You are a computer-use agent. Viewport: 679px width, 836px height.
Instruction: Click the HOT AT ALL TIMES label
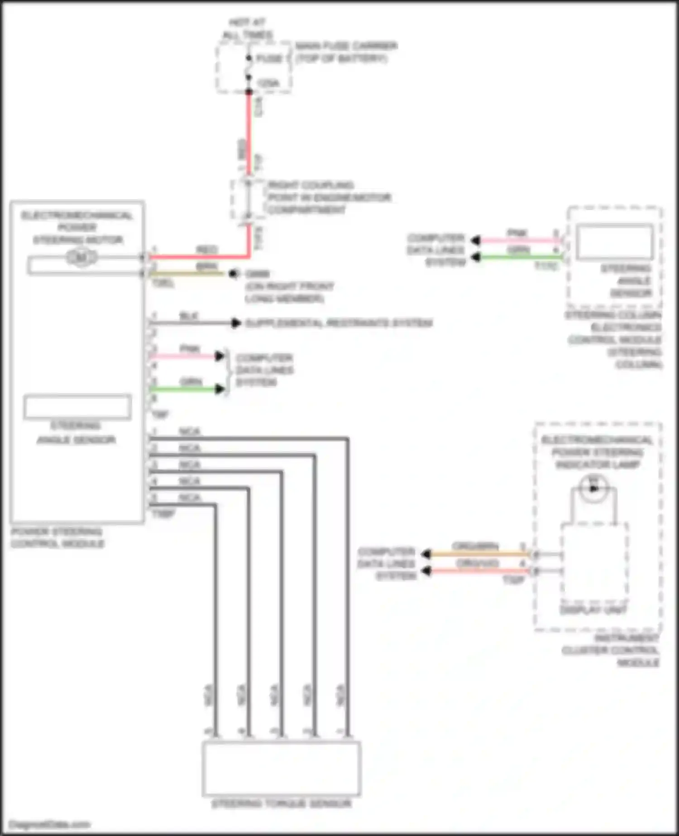[x=247, y=29]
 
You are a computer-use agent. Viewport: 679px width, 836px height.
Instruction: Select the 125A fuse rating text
[x=268, y=83]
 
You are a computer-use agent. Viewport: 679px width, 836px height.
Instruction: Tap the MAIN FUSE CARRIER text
[x=346, y=46]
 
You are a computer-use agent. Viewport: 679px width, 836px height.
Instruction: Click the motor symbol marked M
[x=81, y=258]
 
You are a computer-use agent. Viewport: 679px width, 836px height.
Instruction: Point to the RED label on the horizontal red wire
[x=207, y=250]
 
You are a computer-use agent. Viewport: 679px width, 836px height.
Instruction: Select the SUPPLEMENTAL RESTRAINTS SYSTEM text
[x=339, y=323]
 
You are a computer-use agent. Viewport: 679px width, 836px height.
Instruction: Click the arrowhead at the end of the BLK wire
[x=235, y=323]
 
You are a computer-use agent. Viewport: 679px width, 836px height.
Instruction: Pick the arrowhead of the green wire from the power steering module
[x=220, y=389]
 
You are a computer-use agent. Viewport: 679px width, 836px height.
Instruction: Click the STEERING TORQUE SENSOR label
[x=281, y=803]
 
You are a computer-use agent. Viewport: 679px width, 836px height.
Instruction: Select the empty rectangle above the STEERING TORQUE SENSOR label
[x=281, y=768]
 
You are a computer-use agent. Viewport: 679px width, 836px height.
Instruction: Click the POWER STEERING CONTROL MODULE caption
[x=57, y=538]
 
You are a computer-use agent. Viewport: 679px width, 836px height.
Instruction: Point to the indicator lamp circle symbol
[x=593, y=488]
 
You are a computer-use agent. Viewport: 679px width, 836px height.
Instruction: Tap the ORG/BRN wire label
[x=475, y=546]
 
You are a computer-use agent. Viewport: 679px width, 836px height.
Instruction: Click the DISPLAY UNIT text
[x=593, y=610]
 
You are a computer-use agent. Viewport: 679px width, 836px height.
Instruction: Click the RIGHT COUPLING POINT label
[x=329, y=197]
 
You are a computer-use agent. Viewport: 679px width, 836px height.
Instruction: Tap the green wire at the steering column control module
[x=521, y=257]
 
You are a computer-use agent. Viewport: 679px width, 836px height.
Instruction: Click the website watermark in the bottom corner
[x=50, y=824]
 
